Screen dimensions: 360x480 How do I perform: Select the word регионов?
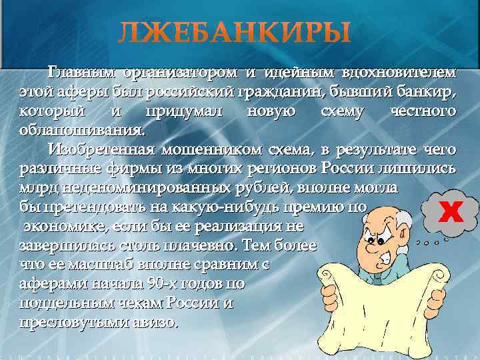[275, 167]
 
